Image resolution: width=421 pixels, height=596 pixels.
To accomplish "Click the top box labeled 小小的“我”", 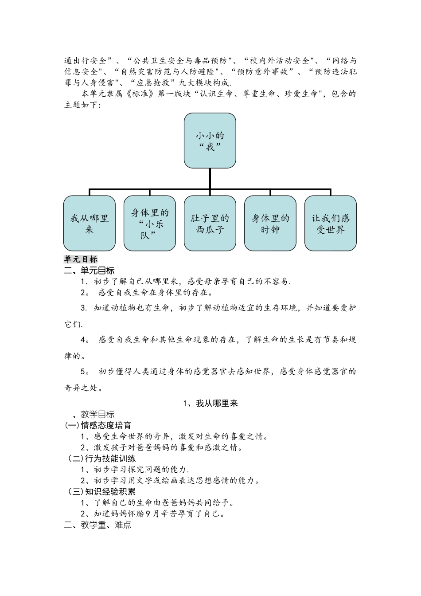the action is [210, 141].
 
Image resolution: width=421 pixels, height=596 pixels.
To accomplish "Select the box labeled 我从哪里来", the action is [90, 223].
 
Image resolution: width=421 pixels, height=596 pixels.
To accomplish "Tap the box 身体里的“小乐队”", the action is [150, 223].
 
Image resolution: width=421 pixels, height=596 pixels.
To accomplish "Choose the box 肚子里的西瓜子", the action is [210, 223].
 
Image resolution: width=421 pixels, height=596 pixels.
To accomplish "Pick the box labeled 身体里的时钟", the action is [270, 223].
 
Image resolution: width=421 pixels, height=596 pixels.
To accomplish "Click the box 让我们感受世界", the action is [331, 223].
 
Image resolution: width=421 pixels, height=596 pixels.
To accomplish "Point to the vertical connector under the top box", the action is [210, 179].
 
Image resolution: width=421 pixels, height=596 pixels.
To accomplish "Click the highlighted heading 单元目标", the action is [81, 259].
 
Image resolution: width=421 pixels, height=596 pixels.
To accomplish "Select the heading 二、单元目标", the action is [90, 271].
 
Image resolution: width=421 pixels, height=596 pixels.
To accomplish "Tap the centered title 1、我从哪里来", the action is [210, 403].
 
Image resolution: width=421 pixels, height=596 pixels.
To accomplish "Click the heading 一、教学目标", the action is [90, 414].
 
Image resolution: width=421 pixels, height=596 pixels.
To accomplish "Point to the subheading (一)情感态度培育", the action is [98, 425].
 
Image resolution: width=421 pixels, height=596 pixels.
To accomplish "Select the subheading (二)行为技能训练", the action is [102, 459].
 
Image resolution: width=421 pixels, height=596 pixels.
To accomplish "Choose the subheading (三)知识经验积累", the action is [102, 492].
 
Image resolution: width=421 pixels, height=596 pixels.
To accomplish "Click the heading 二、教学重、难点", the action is [98, 525].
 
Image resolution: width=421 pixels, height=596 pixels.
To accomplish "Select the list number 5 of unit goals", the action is [83, 372].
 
